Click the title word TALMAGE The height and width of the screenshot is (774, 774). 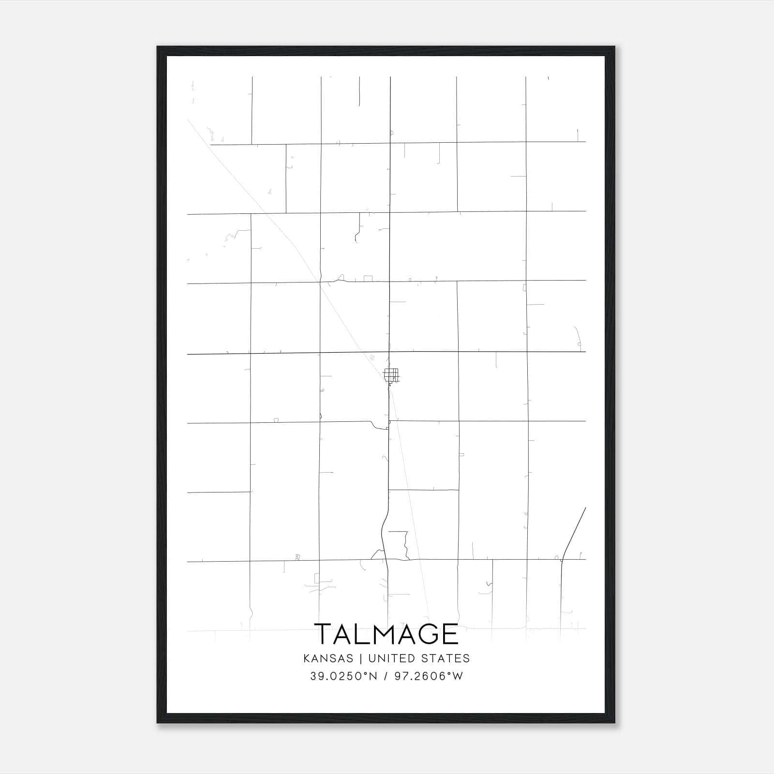tap(386, 634)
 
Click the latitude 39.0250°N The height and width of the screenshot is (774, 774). tap(343, 676)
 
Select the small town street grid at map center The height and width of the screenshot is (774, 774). tap(391, 375)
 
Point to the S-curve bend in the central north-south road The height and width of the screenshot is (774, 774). tap(385, 530)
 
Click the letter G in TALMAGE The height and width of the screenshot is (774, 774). tap(425, 634)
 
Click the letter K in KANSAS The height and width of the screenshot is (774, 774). tap(306, 658)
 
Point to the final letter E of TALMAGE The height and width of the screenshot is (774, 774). tap(450, 634)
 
